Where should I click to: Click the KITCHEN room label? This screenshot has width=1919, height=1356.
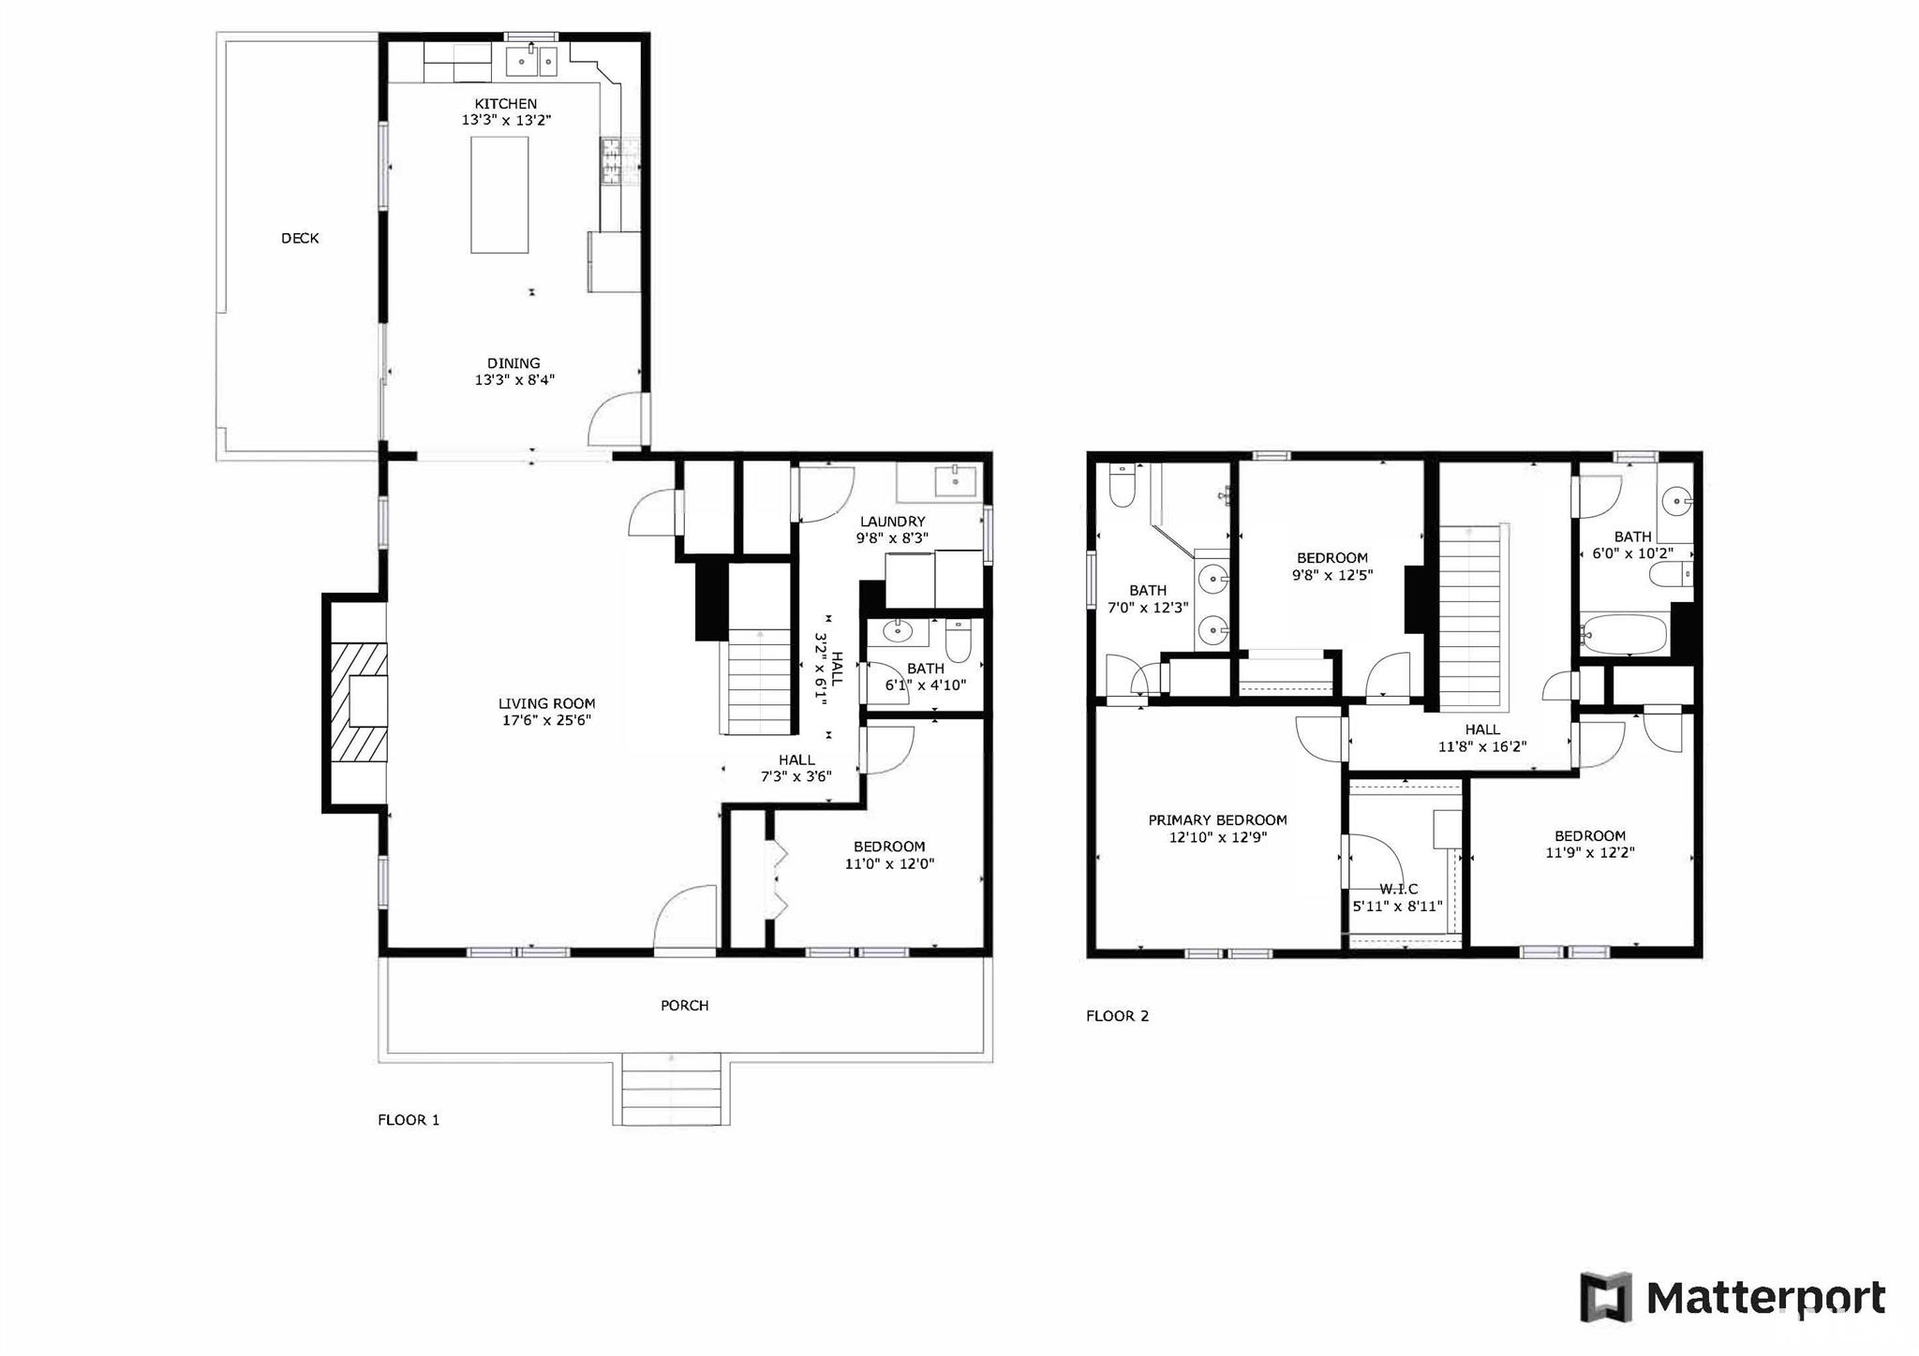click(x=506, y=104)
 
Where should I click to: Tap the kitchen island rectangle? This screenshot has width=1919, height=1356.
click(x=499, y=195)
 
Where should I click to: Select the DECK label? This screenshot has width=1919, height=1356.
click(x=300, y=239)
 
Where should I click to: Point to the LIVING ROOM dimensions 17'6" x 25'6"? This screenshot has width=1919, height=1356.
click(x=547, y=720)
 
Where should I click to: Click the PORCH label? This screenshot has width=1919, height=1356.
click(x=685, y=1006)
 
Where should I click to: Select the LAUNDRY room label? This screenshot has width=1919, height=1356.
click(x=893, y=522)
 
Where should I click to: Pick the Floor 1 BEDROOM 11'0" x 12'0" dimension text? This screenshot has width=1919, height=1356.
click(x=890, y=863)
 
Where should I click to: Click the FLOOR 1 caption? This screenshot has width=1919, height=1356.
click(x=409, y=1120)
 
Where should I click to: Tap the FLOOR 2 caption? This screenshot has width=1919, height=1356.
click(x=1117, y=1016)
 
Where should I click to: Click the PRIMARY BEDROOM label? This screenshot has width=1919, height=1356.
click(x=1218, y=820)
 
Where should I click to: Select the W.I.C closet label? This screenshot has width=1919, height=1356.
click(x=1398, y=890)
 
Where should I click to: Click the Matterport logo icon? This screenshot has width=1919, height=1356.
click(x=1606, y=1298)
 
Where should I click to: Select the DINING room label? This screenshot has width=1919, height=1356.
click(x=513, y=363)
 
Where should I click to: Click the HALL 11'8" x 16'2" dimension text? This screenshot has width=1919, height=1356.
click(x=1482, y=746)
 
